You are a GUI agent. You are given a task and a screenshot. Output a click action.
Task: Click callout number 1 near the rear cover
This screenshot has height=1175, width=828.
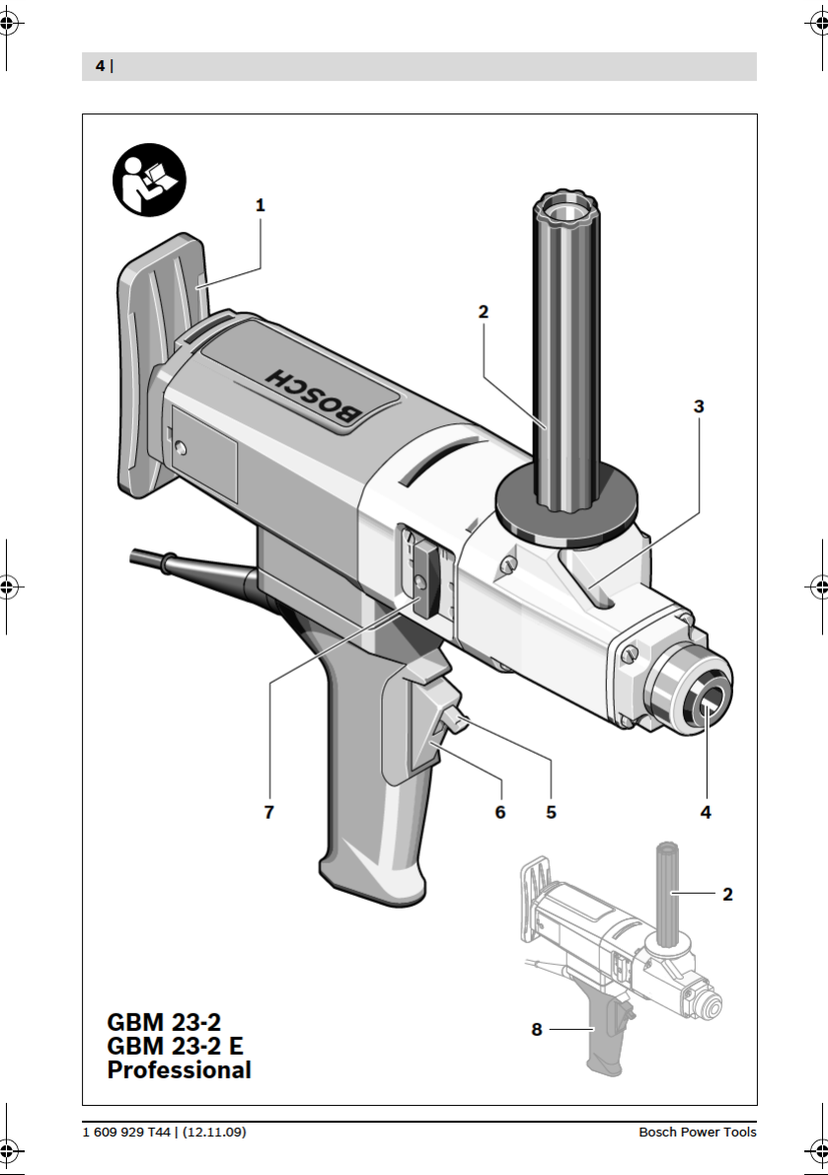coord(260,204)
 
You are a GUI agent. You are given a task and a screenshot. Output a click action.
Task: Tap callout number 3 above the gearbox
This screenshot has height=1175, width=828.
coord(699,406)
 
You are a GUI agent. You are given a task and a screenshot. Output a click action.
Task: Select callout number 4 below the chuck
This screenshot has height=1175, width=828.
coord(705,812)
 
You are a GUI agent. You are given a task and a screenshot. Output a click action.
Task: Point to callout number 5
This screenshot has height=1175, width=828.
coord(551,812)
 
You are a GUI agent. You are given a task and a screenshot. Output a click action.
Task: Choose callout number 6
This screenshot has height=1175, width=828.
coord(499,812)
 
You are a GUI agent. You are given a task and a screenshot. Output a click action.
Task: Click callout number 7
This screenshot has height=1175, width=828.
coord(269,812)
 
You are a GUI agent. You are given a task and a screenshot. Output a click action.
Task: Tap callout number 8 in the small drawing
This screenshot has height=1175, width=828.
coord(537,1030)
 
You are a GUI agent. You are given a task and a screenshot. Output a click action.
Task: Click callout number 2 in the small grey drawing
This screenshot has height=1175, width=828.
coord(726,894)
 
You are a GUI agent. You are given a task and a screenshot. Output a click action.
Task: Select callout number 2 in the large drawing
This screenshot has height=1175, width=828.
coord(484,312)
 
